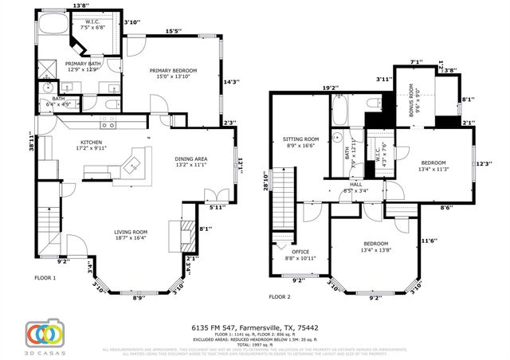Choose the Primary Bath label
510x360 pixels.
[x=82, y=66]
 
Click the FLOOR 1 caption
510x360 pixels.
[x=45, y=278]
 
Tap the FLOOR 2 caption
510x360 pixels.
[x=280, y=295]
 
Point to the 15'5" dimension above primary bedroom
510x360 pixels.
[x=173, y=31]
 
